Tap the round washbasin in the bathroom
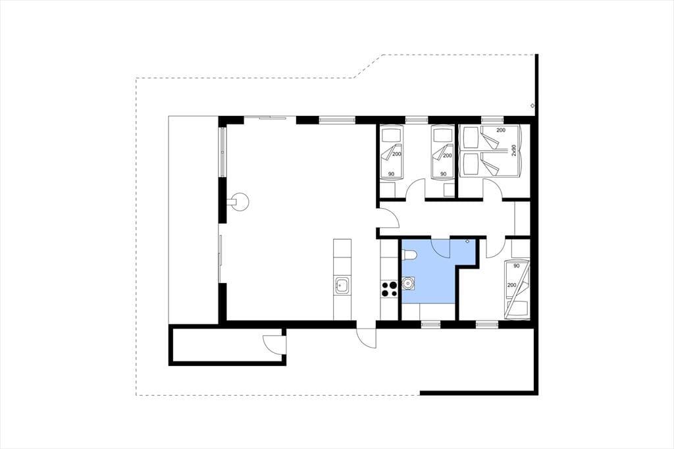[x=407, y=283]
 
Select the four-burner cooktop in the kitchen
[x=389, y=288]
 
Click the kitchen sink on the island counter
[x=342, y=285]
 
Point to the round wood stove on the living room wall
[x=239, y=201]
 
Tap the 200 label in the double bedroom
[x=501, y=130]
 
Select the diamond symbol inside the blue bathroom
[x=468, y=241]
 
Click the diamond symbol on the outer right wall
[x=532, y=105]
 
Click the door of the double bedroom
[x=492, y=189]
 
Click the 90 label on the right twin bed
[x=443, y=174]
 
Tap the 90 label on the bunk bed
[x=516, y=266]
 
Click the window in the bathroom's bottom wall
[x=430, y=324]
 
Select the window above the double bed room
[x=492, y=119]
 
